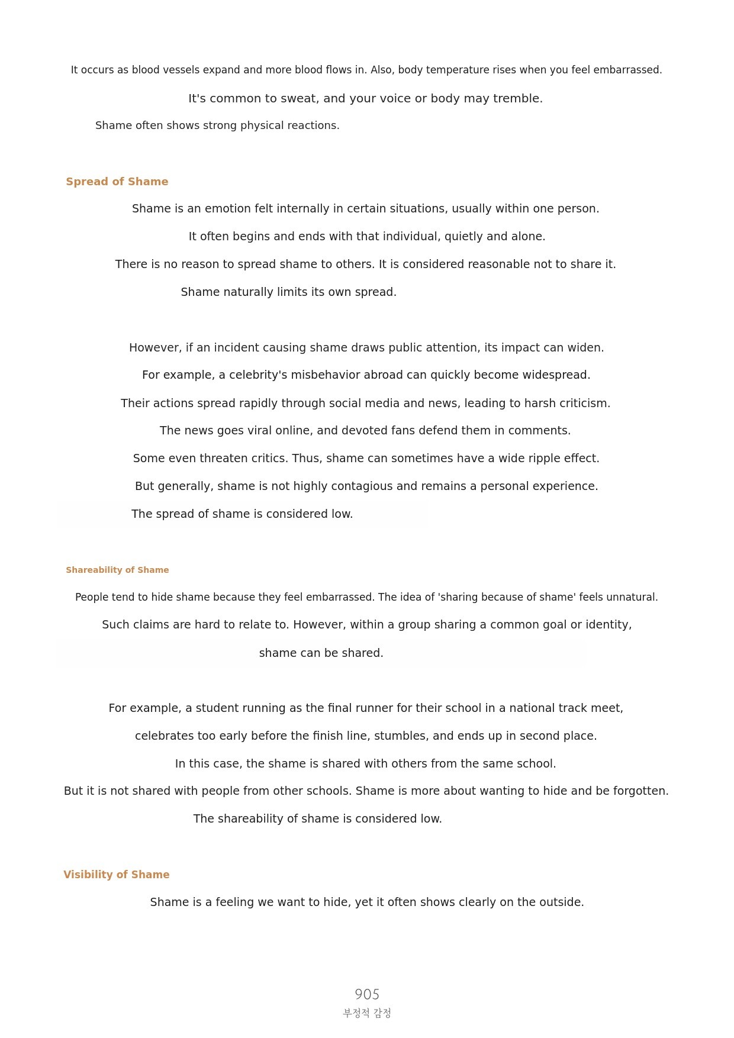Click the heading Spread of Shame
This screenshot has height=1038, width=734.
pos(117,182)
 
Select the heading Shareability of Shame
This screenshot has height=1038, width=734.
pos(117,570)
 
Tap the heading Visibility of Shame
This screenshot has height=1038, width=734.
pos(116,875)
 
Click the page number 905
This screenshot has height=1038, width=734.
pos(367,994)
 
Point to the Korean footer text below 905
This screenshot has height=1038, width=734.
pos(367,1013)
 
